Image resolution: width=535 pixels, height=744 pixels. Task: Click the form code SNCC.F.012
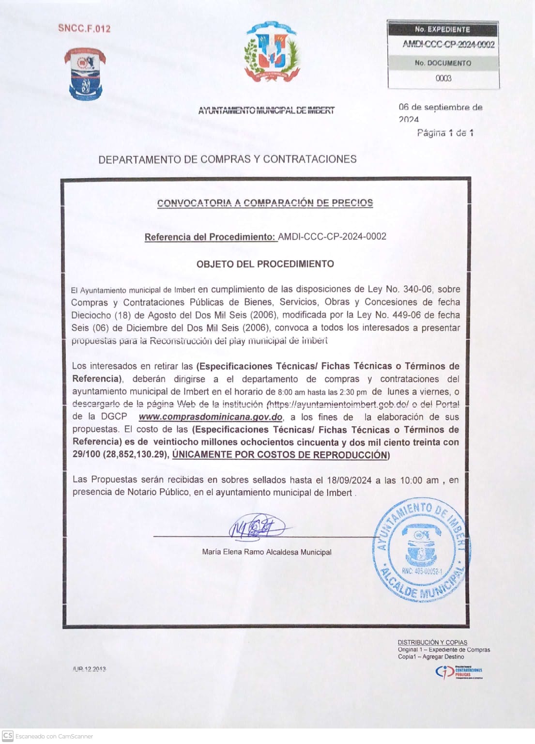pos(84,28)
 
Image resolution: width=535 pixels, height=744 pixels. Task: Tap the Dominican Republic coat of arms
pos(271,51)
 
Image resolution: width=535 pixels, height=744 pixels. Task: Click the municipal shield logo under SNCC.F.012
pos(85,74)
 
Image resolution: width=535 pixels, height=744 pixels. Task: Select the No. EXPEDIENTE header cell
pos(443,30)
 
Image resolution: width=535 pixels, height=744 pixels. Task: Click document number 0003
pos(443,78)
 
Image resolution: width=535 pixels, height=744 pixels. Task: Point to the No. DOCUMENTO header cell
pos(443,63)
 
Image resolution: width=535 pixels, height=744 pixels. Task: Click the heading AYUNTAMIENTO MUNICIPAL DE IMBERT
pos(266,110)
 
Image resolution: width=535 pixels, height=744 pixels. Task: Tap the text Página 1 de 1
pos(445,133)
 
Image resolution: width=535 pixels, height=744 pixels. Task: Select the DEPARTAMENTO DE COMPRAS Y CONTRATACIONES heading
pos(227,159)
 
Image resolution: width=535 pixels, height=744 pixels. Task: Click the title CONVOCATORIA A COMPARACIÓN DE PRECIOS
pos(265,203)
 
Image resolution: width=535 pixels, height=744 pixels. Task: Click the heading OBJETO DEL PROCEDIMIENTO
pos(265,264)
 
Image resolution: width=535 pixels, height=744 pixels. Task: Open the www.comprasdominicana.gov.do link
pos(210,417)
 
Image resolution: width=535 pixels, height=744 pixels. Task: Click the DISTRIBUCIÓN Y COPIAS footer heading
pos(432,642)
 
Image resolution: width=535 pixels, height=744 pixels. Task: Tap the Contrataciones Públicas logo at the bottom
pos(459,672)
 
